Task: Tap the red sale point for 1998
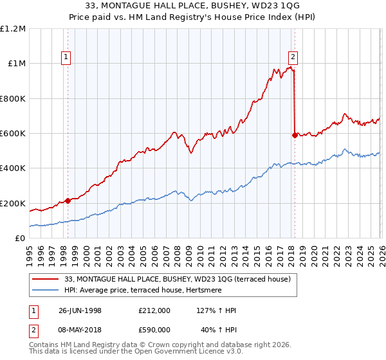coord(68,201)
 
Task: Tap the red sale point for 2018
coord(295,135)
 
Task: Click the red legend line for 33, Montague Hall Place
coord(45,279)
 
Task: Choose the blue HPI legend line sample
coord(45,290)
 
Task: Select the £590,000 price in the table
coord(154,329)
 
